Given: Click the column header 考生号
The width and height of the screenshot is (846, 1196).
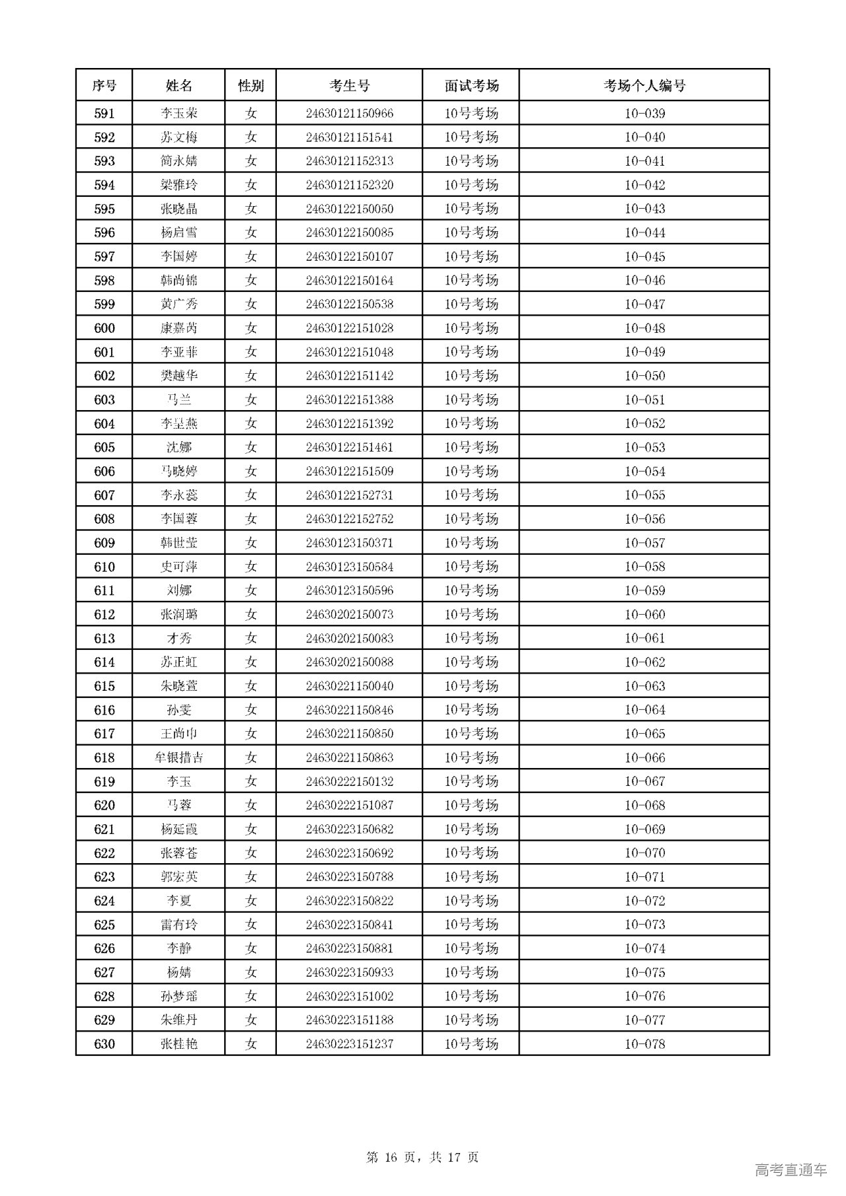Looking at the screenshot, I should point(349,86).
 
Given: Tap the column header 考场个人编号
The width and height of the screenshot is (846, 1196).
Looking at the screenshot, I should point(644,86).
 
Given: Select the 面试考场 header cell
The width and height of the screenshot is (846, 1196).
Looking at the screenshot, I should point(471,86).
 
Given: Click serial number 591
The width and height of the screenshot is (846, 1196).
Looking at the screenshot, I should point(104,114).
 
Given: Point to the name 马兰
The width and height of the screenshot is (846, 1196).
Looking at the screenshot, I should point(178,400).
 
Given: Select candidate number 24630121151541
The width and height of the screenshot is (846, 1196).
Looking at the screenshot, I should point(349,137).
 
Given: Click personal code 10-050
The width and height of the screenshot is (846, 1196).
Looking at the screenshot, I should point(644,376).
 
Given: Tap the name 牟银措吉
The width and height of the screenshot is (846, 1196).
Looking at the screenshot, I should point(178,757).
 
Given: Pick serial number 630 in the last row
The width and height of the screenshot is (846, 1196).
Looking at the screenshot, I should point(104,1043).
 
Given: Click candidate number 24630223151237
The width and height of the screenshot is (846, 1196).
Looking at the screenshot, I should point(349,1043).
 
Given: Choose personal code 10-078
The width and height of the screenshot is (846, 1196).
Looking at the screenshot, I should point(644,1043).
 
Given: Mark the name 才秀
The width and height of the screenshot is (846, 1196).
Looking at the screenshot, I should point(178,638).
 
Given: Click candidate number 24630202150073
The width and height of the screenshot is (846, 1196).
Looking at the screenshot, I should point(349,614).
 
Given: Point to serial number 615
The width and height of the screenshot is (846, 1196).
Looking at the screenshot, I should point(104,686).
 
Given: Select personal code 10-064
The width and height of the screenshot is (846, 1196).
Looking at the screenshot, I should point(644,710).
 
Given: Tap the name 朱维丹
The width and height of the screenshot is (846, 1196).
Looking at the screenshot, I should point(178,1020).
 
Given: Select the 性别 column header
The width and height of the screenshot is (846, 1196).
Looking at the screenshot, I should point(250,86).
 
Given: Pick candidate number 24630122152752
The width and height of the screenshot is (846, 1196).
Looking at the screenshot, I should point(349,519).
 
